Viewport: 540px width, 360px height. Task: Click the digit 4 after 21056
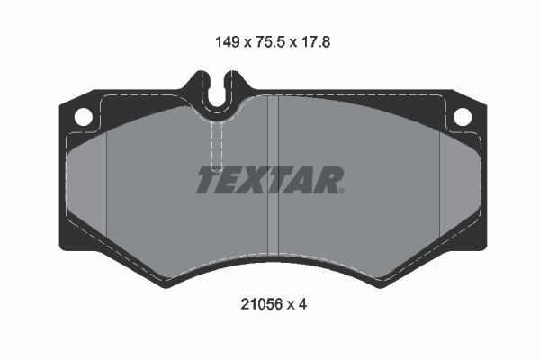(x=303, y=305)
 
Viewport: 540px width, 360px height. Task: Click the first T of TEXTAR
(x=208, y=180)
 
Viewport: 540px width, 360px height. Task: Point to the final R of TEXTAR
(x=329, y=180)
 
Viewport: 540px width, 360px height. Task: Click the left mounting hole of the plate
(x=82, y=116)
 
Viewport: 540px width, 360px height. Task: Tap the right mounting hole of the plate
(x=462, y=116)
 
